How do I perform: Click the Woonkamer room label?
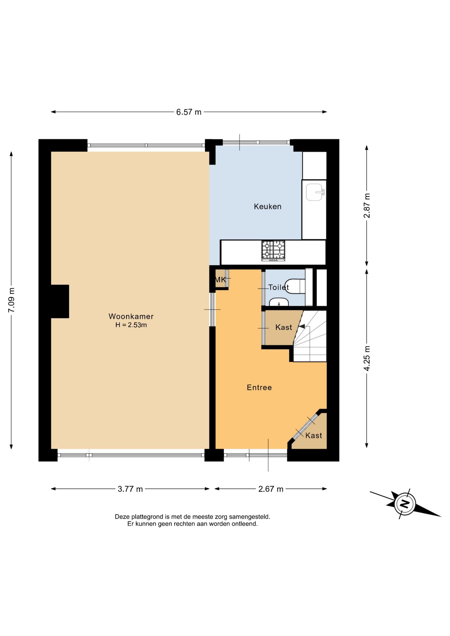pyautogui.click(x=131, y=316)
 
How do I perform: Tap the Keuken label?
pyautogui.click(x=267, y=206)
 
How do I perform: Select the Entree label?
pyautogui.click(x=259, y=387)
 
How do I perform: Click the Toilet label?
pyautogui.click(x=278, y=287)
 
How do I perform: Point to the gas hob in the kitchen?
pyautogui.click(x=273, y=250)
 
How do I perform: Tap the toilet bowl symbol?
pyautogui.click(x=295, y=286)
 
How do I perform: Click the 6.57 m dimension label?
pyautogui.click(x=189, y=112)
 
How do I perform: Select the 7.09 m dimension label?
pyautogui.click(x=11, y=300)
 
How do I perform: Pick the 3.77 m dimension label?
pyautogui.click(x=130, y=489)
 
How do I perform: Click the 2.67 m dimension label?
pyautogui.click(x=271, y=489)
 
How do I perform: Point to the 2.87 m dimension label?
pyautogui.click(x=367, y=205)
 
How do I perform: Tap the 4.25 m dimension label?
pyautogui.click(x=367, y=358)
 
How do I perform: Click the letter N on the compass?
pyautogui.click(x=405, y=504)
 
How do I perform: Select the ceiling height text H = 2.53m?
pyautogui.click(x=131, y=325)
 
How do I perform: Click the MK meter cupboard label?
pyautogui.click(x=220, y=280)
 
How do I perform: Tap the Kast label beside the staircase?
pyautogui.click(x=284, y=327)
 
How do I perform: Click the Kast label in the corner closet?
pyautogui.click(x=313, y=435)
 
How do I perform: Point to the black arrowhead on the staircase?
pyautogui.click(x=302, y=326)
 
